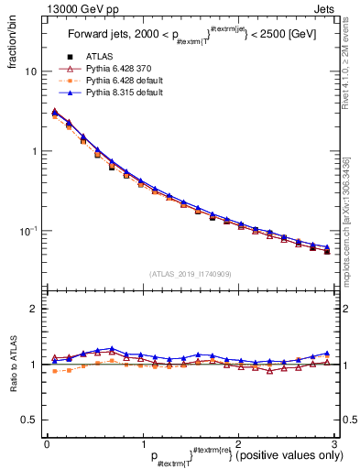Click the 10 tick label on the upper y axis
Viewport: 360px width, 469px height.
[30, 71]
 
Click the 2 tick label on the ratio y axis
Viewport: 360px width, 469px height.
[34, 309]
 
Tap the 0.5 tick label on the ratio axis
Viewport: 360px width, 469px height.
[29, 420]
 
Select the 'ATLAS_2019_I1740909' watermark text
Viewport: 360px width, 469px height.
[191, 274]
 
